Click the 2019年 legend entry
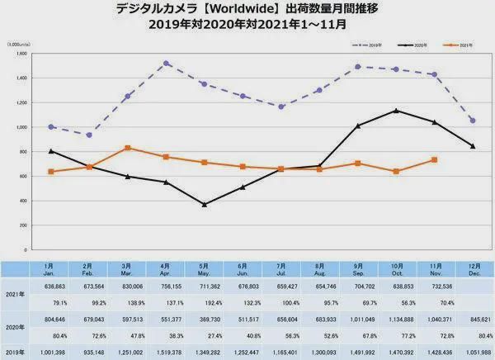point(367,44)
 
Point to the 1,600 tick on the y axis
point(21,54)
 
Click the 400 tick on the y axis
point(24,201)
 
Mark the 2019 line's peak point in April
point(144,63)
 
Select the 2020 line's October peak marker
point(397,111)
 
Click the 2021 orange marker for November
point(435,159)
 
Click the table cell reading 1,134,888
point(397,320)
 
